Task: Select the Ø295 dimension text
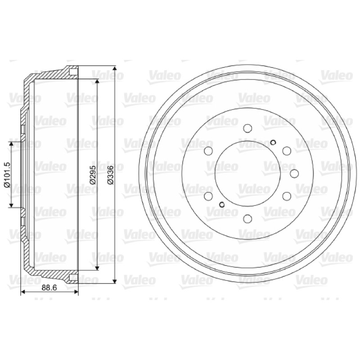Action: tap(93, 175)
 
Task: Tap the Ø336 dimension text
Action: tap(111, 175)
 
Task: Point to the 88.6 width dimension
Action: tap(49, 287)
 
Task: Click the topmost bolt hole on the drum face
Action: tap(247, 128)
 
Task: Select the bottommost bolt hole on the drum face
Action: tap(247, 219)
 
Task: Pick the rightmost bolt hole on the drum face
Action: tap(294, 174)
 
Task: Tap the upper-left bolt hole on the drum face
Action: tap(208, 151)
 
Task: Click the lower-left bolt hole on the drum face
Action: tap(208, 196)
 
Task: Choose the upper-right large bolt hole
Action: tap(287, 151)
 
